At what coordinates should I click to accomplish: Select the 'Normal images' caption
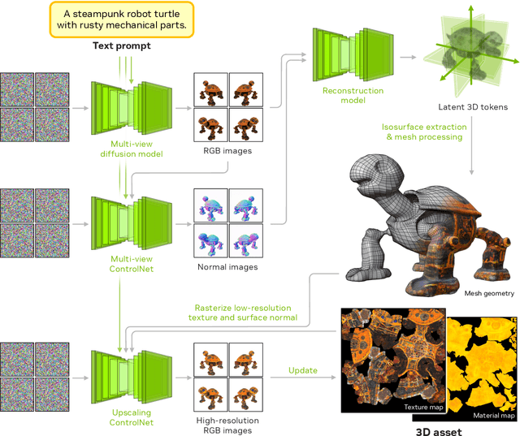(227, 266)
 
